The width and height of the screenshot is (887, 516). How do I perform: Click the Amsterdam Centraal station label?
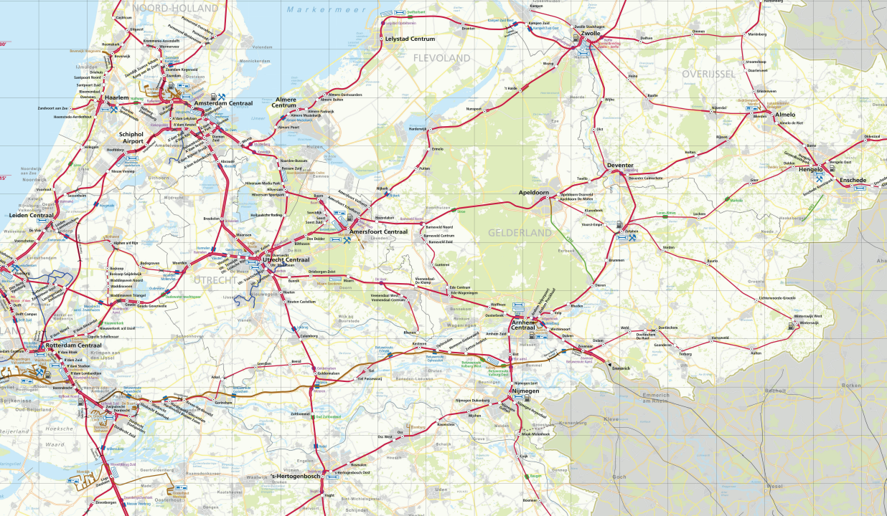(x=223, y=104)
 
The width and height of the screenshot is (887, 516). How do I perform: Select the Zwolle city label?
(x=591, y=34)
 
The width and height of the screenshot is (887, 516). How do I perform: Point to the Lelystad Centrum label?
(x=410, y=38)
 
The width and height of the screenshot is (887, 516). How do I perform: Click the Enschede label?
(x=853, y=179)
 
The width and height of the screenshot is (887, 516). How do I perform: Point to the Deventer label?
(x=620, y=165)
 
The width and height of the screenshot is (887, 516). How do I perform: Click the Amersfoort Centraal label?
(x=377, y=232)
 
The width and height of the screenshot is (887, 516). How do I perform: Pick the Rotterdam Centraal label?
(x=73, y=345)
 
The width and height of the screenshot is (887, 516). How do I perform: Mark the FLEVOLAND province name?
(x=441, y=58)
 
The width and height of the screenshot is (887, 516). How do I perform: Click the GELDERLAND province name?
(x=520, y=233)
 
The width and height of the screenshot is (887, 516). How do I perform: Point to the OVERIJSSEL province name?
(x=708, y=74)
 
